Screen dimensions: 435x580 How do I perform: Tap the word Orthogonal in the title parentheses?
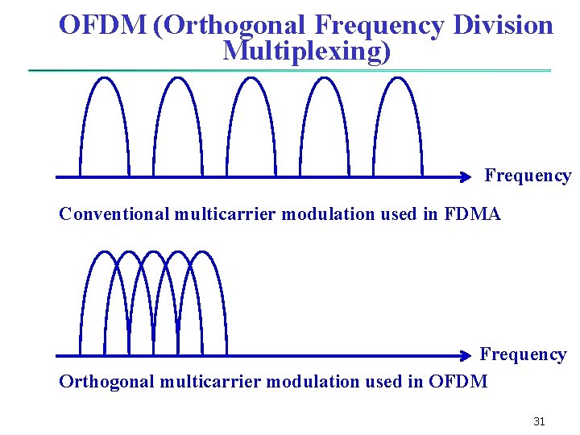[234, 25]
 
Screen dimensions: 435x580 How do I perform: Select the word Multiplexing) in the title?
[307, 51]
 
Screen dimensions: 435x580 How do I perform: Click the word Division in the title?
[503, 25]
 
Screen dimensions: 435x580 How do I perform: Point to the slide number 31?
[539, 421]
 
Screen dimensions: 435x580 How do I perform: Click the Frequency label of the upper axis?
[528, 176]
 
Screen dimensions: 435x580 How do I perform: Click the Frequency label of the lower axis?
[523, 354]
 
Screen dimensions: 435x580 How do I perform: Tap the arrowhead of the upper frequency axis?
[466, 176]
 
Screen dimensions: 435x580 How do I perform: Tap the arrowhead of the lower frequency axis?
[466, 355]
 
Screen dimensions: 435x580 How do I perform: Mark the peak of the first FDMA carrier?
[105, 77]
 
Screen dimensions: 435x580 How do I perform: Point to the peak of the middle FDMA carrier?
[251, 77]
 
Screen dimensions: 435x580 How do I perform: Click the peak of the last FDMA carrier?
[398, 77]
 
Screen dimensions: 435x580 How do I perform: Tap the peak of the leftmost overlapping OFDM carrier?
[105, 252]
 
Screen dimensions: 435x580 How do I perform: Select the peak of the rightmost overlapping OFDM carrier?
[203, 252]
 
